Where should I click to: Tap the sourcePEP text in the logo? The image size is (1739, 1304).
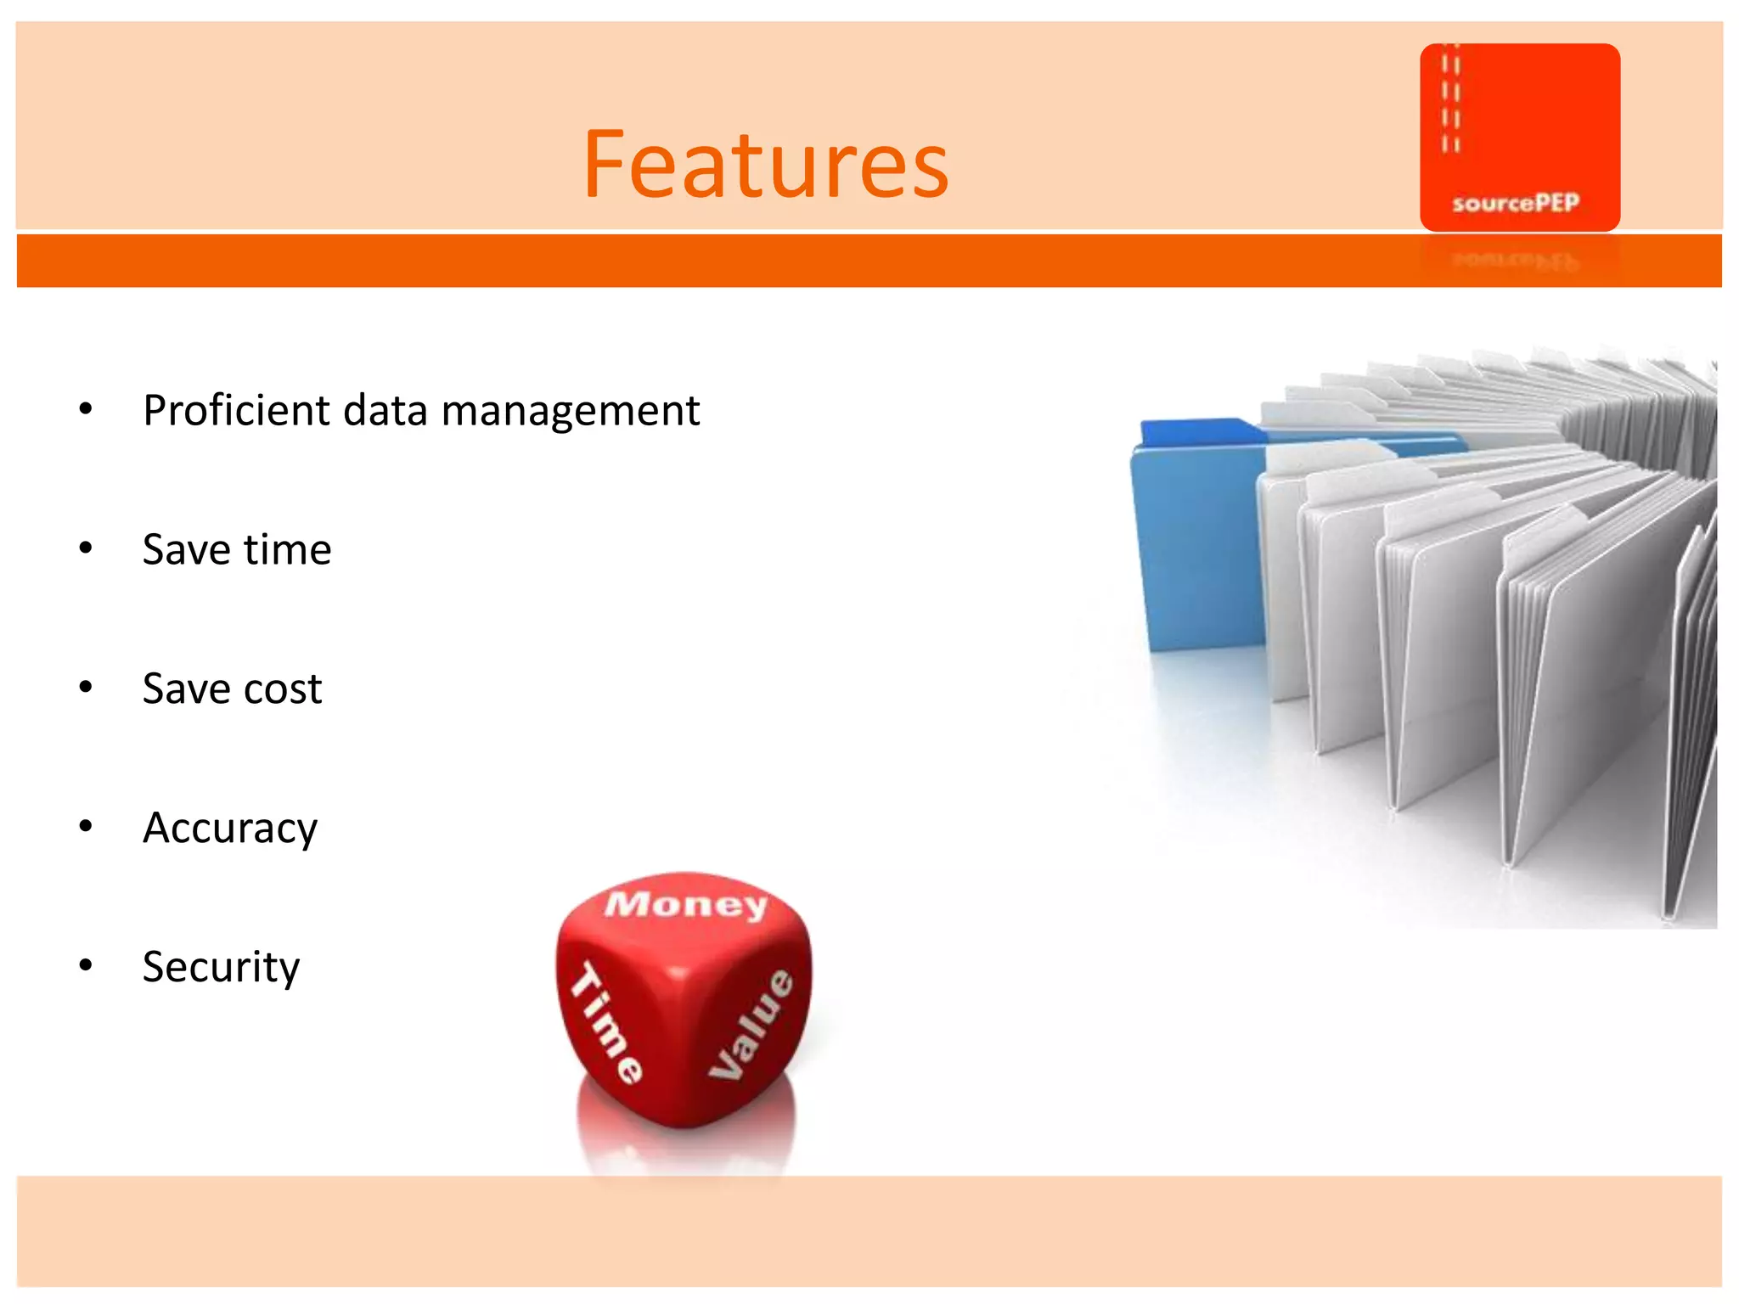click(x=1516, y=203)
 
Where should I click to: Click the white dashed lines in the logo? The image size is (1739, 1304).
click(x=1451, y=102)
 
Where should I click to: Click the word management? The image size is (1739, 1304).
click(x=571, y=411)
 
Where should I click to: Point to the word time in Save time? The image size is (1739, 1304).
click(x=287, y=549)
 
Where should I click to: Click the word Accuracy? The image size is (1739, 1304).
click(x=230, y=828)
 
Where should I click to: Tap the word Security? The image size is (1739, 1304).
click(x=222, y=967)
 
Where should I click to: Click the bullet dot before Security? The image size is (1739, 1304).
click(x=86, y=965)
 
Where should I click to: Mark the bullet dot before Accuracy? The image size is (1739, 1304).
click(x=86, y=826)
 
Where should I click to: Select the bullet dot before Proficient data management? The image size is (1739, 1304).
click(x=86, y=409)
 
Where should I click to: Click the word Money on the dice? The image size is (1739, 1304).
click(x=686, y=904)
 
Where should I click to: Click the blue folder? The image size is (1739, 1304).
click(x=1197, y=552)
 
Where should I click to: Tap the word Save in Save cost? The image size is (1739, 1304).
click(x=186, y=689)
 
